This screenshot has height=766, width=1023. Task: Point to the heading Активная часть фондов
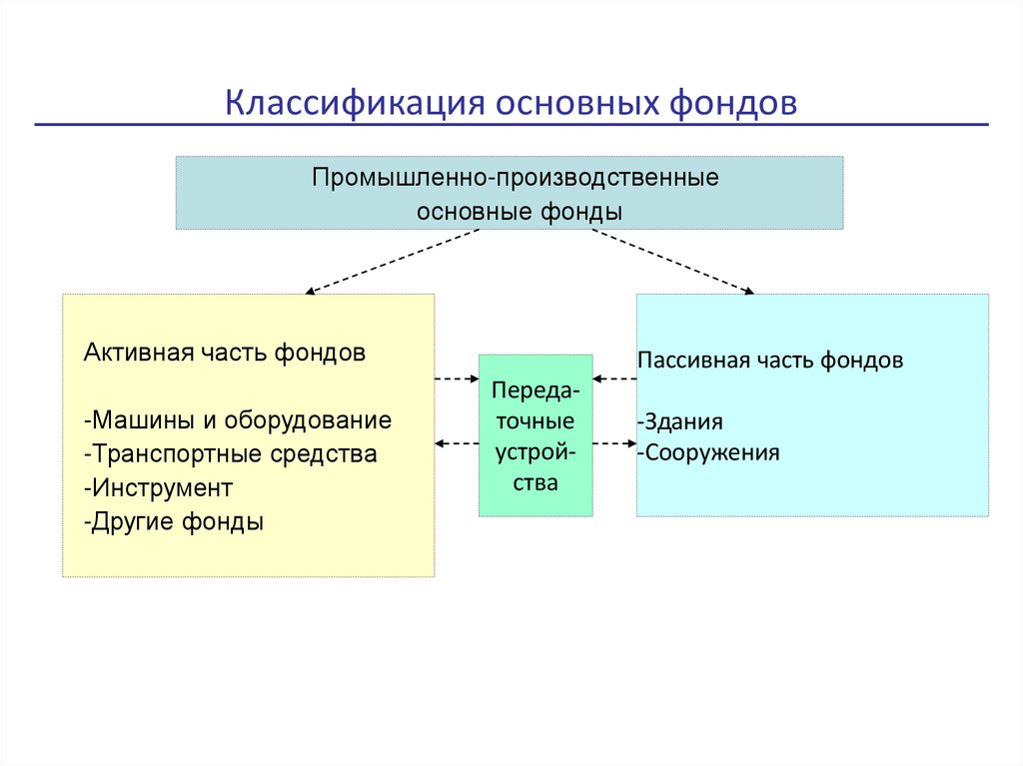click(225, 354)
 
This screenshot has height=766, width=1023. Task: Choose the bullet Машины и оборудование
click(239, 420)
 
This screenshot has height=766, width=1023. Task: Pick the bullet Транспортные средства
click(232, 454)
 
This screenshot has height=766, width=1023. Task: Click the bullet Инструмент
click(159, 488)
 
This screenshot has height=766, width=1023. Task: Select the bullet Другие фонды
click(175, 521)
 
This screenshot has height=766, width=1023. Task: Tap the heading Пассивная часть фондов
click(769, 361)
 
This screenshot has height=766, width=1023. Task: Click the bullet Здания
click(679, 421)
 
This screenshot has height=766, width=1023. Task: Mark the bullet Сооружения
click(708, 452)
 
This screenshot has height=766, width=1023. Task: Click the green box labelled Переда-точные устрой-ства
click(534, 434)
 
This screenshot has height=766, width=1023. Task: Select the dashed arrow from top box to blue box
click(672, 262)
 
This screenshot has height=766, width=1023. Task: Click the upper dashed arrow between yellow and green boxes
click(457, 380)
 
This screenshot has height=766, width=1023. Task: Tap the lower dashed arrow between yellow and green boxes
click(457, 443)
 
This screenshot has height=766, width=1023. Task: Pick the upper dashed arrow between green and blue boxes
click(614, 380)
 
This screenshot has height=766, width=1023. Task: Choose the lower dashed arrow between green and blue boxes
click(614, 443)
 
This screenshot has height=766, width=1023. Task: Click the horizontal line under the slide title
click(511, 126)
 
